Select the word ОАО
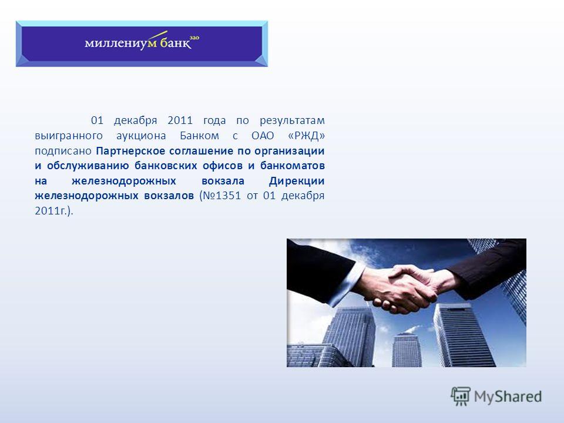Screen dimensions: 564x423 tap(263, 136)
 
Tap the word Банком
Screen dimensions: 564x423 tap(199, 136)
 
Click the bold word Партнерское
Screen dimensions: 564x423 tap(130, 151)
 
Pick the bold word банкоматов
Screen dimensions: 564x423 tap(293, 166)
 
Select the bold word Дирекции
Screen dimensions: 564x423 tap(297, 181)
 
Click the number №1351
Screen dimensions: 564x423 tap(222, 196)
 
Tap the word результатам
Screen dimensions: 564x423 tap(292, 121)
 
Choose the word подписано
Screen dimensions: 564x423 tap(63, 151)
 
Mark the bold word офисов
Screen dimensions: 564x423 tap(222, 166)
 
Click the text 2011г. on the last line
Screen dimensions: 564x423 tap(52, 211)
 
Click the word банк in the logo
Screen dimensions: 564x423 tap(175, 43)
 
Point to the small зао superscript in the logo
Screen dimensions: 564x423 tap(194, 38)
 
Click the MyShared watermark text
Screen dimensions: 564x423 tap(508, 397)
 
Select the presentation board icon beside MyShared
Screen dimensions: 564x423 tap(461, 396)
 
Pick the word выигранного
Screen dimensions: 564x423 tap(69, 136)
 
